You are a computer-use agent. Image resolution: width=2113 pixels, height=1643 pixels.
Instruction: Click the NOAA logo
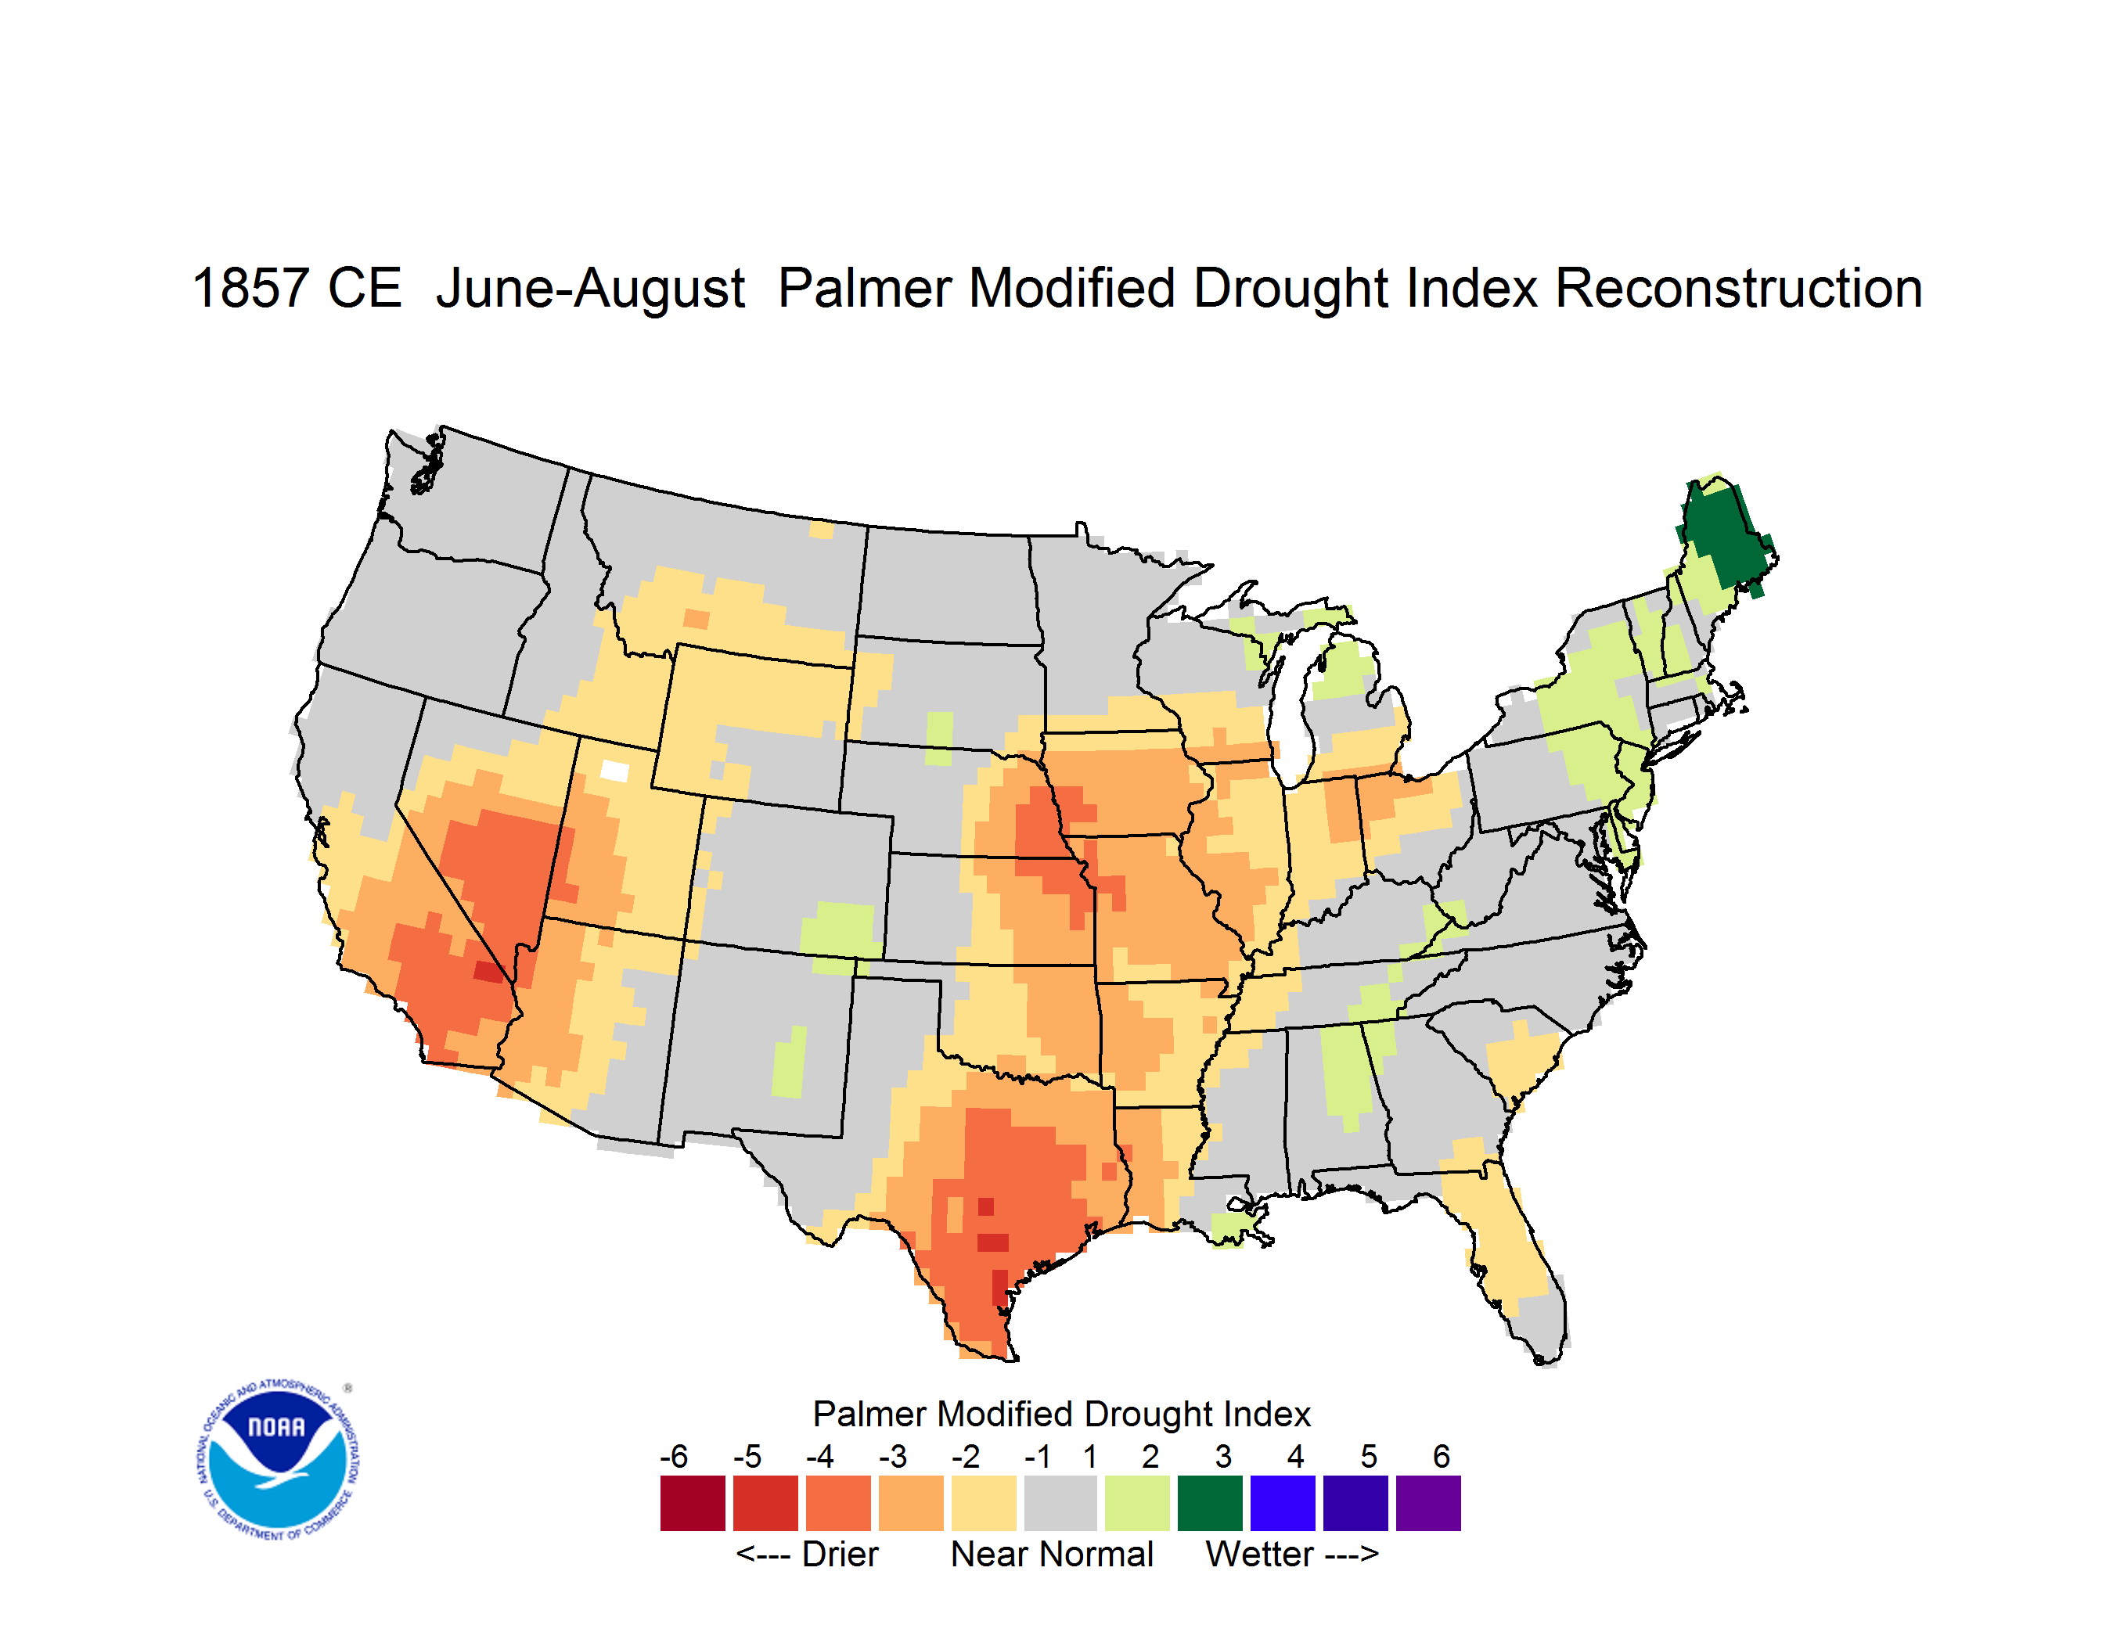[x=278, y=1460]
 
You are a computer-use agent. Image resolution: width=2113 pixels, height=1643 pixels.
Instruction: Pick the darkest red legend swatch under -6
[x=693, y=1503]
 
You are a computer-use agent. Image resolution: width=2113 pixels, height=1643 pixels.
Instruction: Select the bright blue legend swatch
[x=1283, y=1503]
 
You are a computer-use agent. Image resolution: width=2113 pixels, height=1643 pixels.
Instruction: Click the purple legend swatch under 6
[x=1428, y=1503]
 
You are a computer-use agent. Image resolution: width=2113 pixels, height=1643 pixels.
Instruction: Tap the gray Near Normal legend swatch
[x=1060, y=1503]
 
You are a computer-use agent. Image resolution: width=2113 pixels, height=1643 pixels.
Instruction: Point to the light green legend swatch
[x=1138, y=1503]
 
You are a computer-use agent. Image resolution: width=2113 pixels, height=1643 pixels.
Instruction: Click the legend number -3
[x=893, y=1456]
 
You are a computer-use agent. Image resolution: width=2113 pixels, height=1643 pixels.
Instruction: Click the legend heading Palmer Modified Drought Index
[x=1061, y=1415]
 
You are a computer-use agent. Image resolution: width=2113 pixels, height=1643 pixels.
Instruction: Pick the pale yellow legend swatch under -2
[x=984, y=1503]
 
